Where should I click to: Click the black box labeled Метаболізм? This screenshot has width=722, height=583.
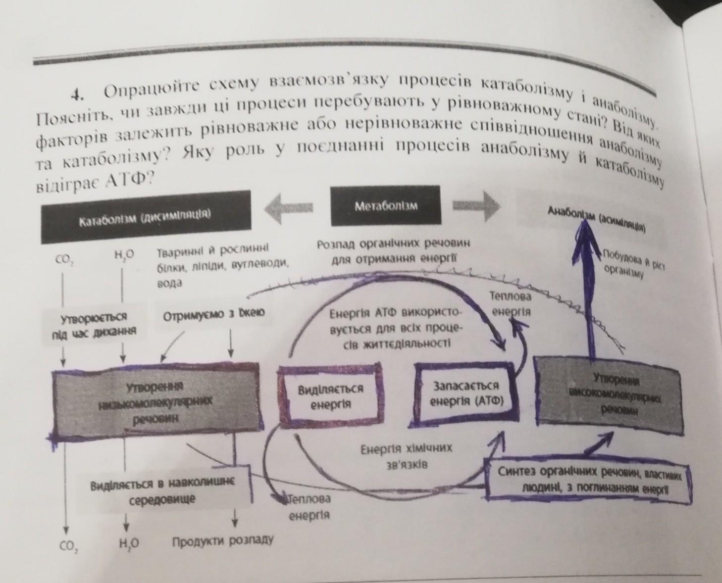pos(385,205)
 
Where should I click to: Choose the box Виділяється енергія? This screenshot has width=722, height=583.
pos(330,395)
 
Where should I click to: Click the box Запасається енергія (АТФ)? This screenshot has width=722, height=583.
pos(466,393)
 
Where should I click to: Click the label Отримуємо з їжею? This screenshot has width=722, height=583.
pos(214,313)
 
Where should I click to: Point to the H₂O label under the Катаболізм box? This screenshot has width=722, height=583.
pos(123,255)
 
